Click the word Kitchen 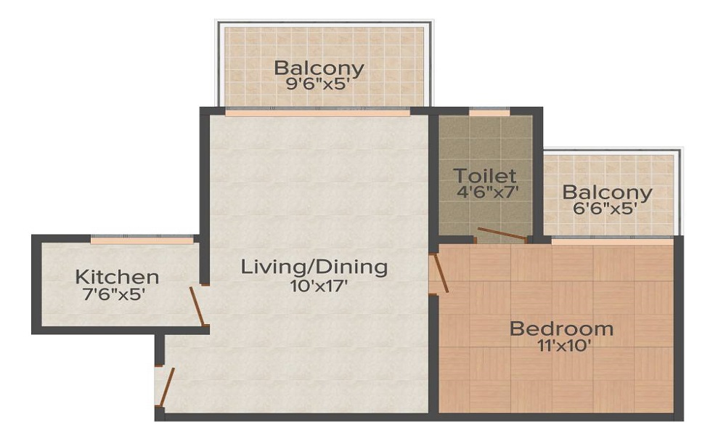(x=117, y=277)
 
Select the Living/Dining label (x=314, y=267)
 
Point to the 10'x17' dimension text (x=314, y=285)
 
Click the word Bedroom (x=561, y=328)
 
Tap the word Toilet (x=485, y=176)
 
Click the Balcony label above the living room (x=319, y=68)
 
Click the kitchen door (x=197, y=306)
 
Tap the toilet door (x=502, y=234)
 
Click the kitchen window (x=142, y=239)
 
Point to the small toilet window (x=489, y=112)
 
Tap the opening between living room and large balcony (x=317, y=113)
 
